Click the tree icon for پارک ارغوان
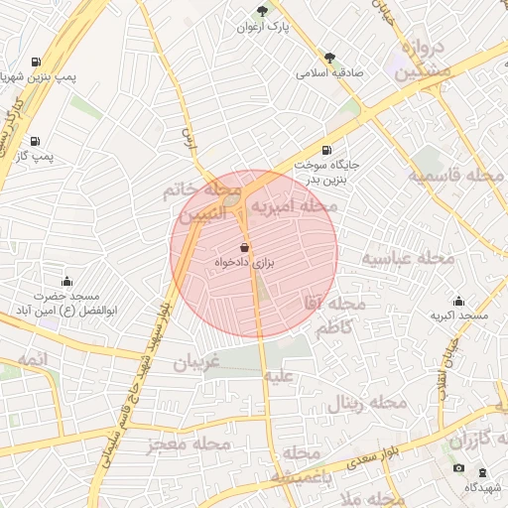click(x=262, y=11)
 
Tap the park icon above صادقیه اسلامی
click(x=329, y=58)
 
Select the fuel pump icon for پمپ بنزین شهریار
click(x=37, y=61)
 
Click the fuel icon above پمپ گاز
click(x=36, y=141)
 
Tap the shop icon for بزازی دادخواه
click(x=244, y=247)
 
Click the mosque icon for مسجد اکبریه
click(x=458, y=301)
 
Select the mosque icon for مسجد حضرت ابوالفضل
click(x=66, y=282)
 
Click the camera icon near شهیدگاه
click(x=458, y=468)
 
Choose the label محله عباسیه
click(x=407, y=259)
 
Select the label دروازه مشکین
click(x=424, y=60)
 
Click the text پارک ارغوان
click(x=283, y=27)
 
